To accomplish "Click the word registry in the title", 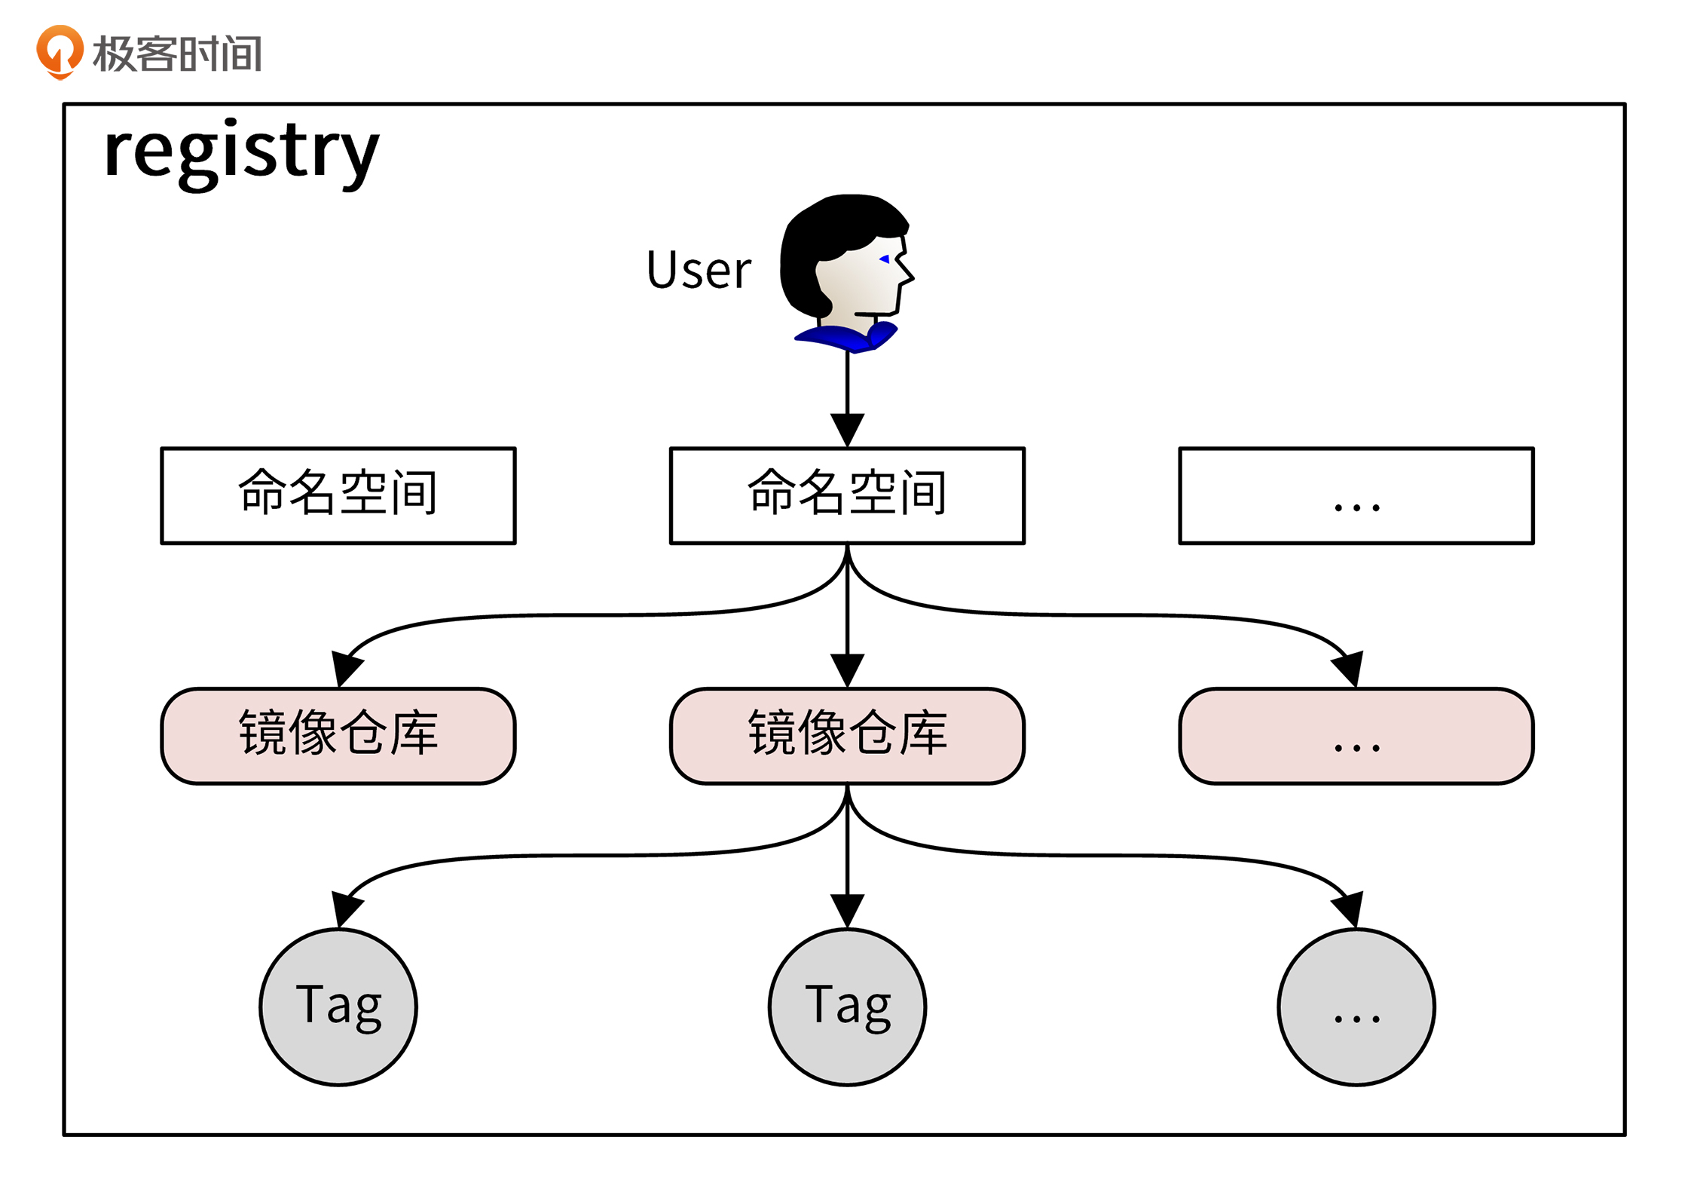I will tap(241, 151).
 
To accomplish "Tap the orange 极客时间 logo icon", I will tap(60, 51).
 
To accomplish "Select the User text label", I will tap(699, 270).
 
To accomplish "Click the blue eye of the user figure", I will tap(885, 259).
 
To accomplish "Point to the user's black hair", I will tap(821, 234).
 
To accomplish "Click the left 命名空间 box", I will tap(338, 495).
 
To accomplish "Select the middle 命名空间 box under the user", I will tap(847, 495).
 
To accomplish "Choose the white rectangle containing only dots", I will tap(1356, 495).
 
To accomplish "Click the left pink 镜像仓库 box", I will tap(338, 736).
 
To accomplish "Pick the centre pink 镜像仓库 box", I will tap(847, 736).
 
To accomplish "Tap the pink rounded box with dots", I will tap(1356, 736).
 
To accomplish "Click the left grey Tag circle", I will tap(338, 1007).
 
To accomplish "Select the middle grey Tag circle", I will tap(847, 1007).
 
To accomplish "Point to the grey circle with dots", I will tap(1356, 1007).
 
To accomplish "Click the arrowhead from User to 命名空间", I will tap(847, 430).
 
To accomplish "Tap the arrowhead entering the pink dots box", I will tap(1349, 668).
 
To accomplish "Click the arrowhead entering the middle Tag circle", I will tap(847, 910).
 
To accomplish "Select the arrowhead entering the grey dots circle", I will tap(1349, 909).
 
